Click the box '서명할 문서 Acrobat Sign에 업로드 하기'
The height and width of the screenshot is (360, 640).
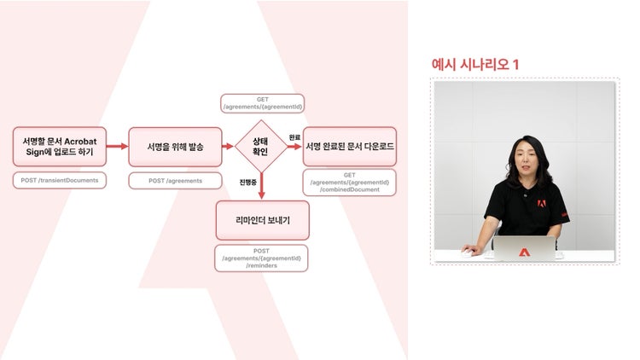60,147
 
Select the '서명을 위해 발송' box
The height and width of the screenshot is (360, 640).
176,147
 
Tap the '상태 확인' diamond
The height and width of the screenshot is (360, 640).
261,146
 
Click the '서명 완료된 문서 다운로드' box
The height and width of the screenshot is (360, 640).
350,147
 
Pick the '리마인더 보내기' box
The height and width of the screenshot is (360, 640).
263,220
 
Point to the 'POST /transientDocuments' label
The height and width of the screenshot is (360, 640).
60,180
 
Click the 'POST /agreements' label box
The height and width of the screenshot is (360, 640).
176,181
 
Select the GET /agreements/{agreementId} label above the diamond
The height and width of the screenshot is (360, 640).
263,103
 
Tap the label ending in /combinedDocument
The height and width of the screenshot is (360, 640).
350,183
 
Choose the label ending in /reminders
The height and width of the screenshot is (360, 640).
261,258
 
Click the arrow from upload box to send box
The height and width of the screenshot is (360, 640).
118,146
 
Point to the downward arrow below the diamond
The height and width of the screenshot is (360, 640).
262,186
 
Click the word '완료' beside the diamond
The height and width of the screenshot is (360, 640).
294,137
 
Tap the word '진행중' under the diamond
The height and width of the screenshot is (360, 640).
247,182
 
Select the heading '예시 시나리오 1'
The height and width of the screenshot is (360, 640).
475,65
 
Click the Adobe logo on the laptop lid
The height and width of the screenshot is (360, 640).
525,253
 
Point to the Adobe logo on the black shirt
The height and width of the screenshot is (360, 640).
542,203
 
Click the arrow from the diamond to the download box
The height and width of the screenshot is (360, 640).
295,146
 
